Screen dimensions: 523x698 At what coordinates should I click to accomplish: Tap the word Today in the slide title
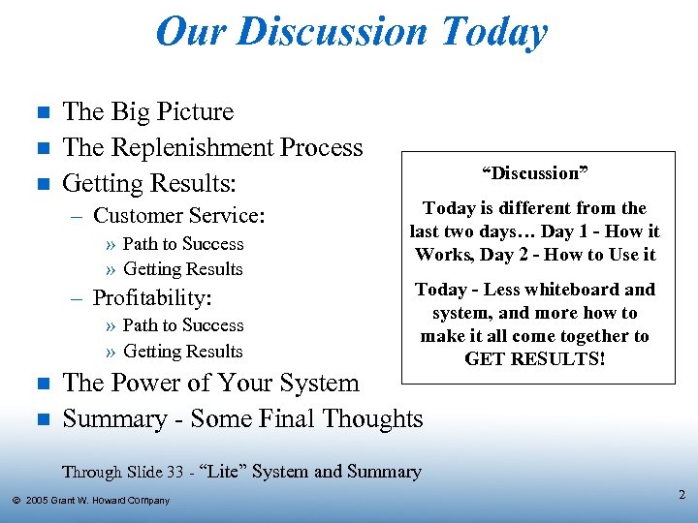(493, 32)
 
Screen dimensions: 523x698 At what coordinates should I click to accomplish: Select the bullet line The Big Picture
(148, 112)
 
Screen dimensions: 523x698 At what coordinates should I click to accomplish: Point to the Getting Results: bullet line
(149, 183)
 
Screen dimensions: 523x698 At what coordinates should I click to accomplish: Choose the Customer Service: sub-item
(178, 216)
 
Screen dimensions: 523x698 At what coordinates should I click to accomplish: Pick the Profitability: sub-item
(152, 297)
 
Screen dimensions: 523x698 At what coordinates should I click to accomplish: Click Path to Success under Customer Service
(183, 244)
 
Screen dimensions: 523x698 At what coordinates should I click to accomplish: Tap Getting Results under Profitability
(183, 351)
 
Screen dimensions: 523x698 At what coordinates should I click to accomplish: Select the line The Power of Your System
(210, 383)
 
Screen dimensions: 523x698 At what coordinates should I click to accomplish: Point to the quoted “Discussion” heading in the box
(535, 173)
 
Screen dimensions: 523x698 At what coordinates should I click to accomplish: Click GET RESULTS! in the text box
(535, 359)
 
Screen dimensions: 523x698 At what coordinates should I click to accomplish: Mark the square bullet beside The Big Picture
(41, 113)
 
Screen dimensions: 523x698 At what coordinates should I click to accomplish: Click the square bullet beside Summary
(41, 419)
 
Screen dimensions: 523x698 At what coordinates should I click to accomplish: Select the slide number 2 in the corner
(682, 496)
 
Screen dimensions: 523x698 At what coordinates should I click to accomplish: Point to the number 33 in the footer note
(174, 473)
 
